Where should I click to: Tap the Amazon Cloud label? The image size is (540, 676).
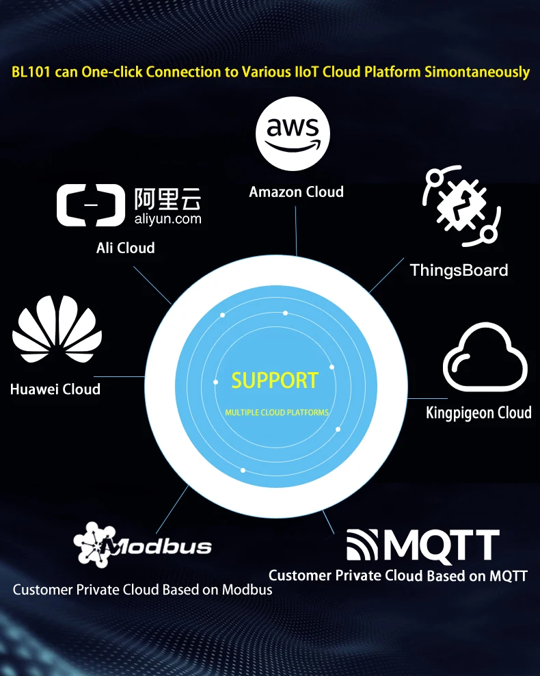pos(296,192)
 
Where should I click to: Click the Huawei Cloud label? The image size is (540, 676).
pos(55,389)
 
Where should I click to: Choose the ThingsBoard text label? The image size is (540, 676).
pos(459,270)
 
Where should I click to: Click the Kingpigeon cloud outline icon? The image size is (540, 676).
pos(485,358)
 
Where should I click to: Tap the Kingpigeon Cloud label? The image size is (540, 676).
pos(478,413)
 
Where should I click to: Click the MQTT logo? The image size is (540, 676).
pos(422,545)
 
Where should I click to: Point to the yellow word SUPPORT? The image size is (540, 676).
pos(275,380)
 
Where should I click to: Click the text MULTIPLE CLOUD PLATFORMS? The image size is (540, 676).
pos(277,413)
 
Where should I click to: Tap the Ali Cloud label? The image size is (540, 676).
pos(126,248)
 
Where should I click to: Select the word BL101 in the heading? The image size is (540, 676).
pos(31,72)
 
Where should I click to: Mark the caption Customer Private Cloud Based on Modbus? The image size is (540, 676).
pos(142,589)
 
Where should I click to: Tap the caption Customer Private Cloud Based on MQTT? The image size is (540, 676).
pos(398,575)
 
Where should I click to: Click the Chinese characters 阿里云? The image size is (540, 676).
pos(167,198)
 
